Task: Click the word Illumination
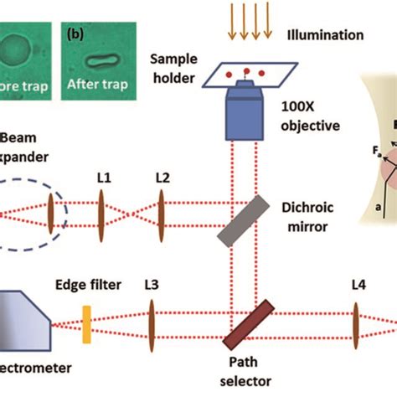(323, 36)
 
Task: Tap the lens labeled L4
(358, 323)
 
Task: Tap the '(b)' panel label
(76, 36)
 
